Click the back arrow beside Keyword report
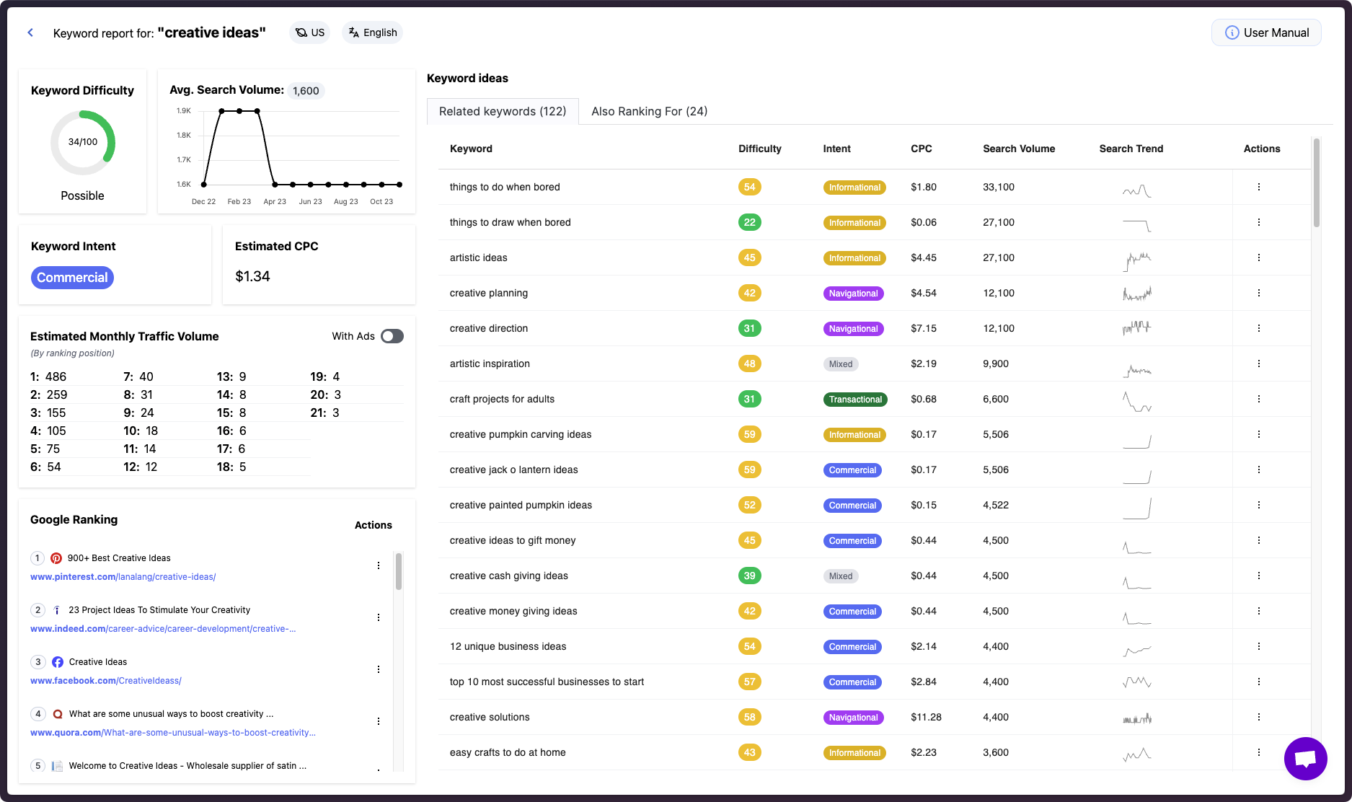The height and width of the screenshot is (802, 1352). click(x=30, y=32)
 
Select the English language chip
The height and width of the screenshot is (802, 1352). click(x=372, y=32)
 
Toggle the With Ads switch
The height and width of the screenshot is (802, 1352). click(x=392, y=336)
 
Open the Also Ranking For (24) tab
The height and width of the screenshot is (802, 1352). click(x=649, y=111)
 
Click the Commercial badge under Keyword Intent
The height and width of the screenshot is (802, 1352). click(x=72, y=278)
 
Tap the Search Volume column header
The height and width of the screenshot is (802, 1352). click(x=1018, y=149)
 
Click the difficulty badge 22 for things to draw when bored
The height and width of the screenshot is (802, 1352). click(x=749, y=222)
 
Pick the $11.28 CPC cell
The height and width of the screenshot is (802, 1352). click(x=926, y=717)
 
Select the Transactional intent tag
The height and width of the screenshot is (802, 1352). click(x=855, y=400)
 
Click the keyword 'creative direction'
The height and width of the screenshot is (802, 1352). click(x=489, y=328)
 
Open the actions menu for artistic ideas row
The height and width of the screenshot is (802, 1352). click(x=1259, y=257)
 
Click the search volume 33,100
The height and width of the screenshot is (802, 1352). click(x=998, y=187)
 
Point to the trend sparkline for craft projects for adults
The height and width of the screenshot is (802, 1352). click(x=1137, y=401)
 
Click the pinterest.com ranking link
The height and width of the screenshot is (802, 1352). click(x=123, y=577)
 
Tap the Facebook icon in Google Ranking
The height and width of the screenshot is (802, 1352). click(x=58, y=662)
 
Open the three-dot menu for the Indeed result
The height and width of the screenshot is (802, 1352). click(x=379, y=617)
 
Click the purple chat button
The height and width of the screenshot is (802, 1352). click(x=1305, y=759)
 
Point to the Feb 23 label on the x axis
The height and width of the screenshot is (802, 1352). click(x=239, y=202)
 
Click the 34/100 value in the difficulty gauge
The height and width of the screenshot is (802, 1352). click(x=83, y=142)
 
